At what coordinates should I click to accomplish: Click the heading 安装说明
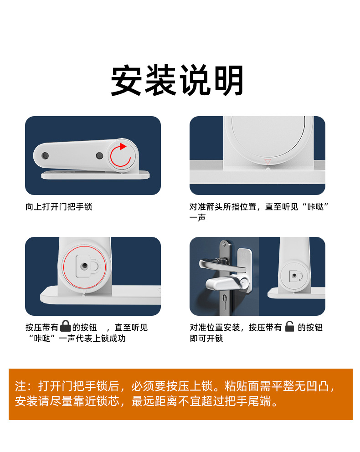[177, 81]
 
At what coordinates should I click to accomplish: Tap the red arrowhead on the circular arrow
[123, 147]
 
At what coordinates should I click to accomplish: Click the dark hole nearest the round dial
[99, 156]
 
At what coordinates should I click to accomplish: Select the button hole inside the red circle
[84, 266]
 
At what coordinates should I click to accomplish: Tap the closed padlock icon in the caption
[66, 326]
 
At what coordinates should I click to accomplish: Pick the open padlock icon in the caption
[289, 326]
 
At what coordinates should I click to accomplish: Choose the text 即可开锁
[206, 339]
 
